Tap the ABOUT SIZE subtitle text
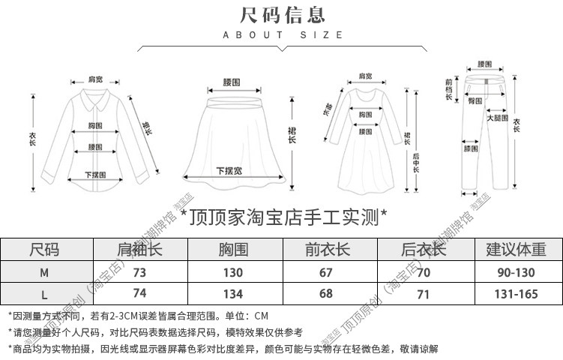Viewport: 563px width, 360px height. tap(283, 34)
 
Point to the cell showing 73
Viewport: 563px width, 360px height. tap(139, 272)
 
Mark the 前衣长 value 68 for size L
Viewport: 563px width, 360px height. tap(325, 293)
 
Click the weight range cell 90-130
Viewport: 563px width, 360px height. tap(517, 272)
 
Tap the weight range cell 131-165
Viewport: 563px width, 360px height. tap(517, 293)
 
